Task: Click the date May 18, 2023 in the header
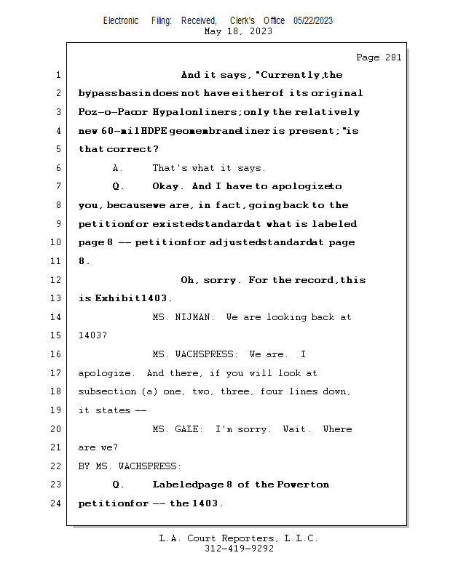(239, 31)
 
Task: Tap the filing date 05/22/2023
(313, 21)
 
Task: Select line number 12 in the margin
(56, 280)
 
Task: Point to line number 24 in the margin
(56, 503)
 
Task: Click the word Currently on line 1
(291, 75)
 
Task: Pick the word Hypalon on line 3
(173, 112)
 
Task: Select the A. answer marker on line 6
(117, 168)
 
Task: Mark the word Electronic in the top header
(121, 21)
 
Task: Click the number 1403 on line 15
(92, 335)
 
